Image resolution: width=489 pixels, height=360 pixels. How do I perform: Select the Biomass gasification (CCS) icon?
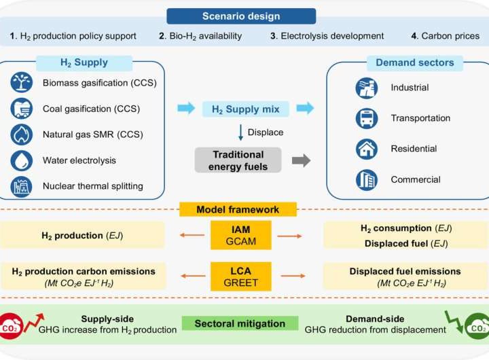tap(22, 84)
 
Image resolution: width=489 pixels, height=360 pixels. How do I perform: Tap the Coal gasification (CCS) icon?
tap(22, 109)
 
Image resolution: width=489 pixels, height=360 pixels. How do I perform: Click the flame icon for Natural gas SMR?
tap(22, 134)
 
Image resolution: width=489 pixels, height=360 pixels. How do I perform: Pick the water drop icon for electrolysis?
tap(22, 160)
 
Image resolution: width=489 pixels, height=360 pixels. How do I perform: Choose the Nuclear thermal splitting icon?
tap(22, 185)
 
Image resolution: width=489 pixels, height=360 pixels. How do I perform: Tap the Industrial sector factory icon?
tap(367, 88)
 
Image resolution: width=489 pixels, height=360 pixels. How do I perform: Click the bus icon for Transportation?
tap(367, 118)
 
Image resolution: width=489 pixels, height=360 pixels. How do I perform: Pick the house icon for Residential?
tap(367, 149)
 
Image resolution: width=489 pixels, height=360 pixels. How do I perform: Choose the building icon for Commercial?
tap(367, 180)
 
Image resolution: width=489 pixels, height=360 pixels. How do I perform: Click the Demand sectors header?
tap(405, 63)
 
